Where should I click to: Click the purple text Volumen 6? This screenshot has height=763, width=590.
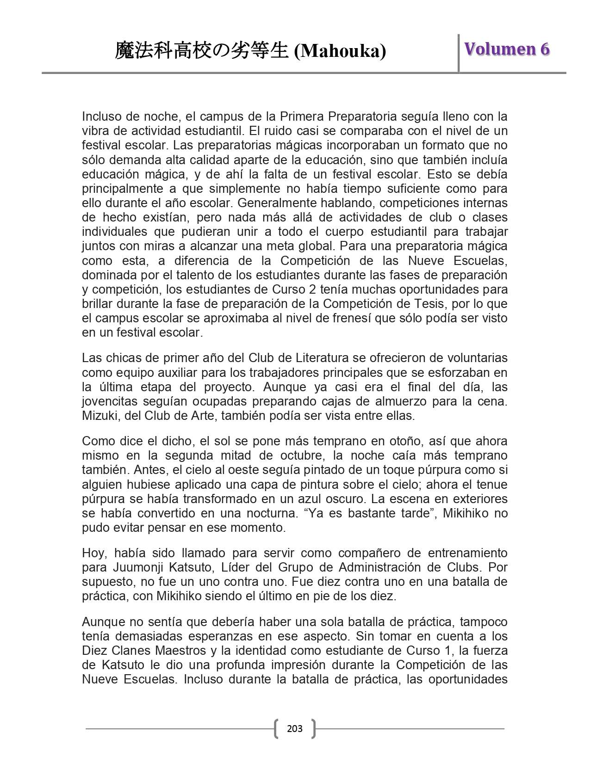pos(507,49)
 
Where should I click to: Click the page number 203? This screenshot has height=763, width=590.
pos(295,729)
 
